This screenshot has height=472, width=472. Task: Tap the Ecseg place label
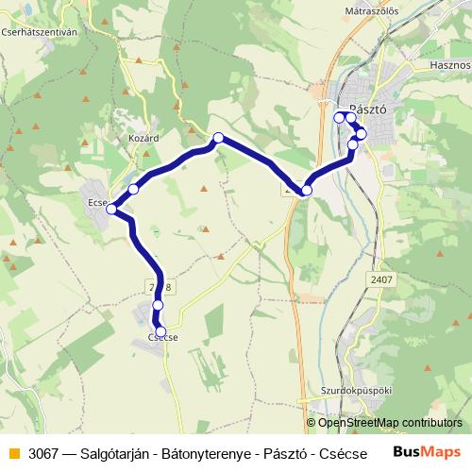coord(98,201)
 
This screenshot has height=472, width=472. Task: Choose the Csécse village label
coord(163,338)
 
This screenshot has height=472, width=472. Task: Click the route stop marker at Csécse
coord(161,330)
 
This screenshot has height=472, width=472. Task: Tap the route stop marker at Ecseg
coord(112,209)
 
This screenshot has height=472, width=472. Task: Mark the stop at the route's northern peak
coord(218,138)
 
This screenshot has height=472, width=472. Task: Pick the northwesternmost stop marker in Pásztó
coord(340,117)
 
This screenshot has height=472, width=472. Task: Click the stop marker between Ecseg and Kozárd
coord(134,190)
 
